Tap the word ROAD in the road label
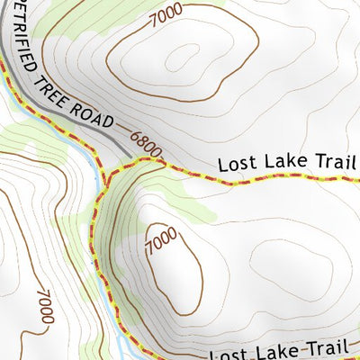point(99,114)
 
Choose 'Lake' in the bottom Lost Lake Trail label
point(275,351)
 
